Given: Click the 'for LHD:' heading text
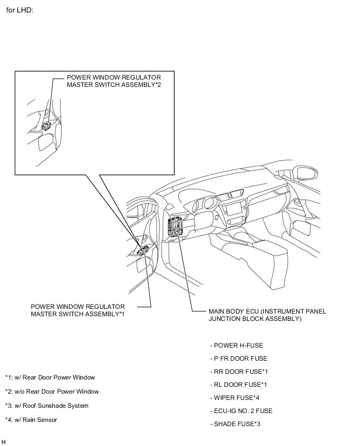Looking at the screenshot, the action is point(19,10).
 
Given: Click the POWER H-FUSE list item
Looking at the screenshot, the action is point(237,345).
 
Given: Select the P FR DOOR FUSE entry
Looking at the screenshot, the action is point(239,359).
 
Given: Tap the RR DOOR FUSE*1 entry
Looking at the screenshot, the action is point(239,372).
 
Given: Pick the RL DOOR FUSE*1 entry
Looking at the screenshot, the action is point(238,385).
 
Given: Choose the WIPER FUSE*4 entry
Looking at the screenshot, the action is point(234,398).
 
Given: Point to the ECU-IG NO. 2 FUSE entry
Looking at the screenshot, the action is point(241,411).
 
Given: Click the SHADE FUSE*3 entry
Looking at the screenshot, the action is point(235,424).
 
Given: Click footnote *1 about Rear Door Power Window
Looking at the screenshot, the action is point(50,377).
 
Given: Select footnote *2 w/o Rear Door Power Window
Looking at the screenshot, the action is point(52,392).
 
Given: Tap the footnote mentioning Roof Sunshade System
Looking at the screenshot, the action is point(47,406).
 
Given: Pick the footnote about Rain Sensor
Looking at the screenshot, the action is point(31,419).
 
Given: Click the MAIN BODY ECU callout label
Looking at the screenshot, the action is point(267,315).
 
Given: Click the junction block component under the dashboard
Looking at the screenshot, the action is point(175,227).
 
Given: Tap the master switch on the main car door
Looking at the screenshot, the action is point(143,250).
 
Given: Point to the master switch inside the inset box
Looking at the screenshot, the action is point(47,126).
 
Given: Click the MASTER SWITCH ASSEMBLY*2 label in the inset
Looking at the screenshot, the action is point(114,81).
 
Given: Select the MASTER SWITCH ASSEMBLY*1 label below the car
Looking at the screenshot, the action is point(77,310).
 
